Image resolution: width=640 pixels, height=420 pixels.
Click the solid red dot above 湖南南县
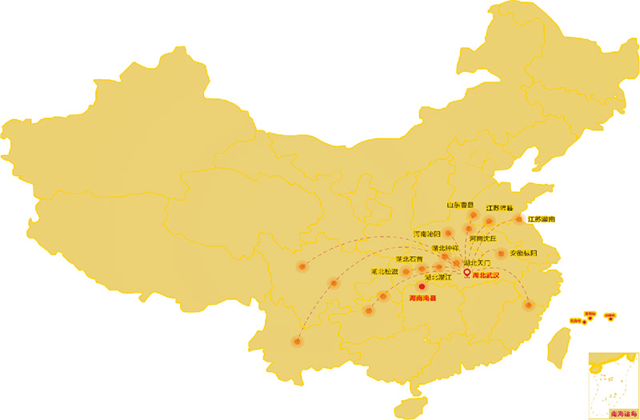422,286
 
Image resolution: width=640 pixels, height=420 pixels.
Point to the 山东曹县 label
459,205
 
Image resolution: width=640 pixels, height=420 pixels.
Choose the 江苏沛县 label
499,208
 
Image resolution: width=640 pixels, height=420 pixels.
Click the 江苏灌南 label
542,218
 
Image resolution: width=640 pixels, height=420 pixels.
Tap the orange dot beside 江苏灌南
519,219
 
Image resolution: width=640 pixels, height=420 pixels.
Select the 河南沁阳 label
426,234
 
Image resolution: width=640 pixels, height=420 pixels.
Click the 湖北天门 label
477,262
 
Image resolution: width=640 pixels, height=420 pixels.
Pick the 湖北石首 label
409,259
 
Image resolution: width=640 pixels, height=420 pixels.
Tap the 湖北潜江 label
438,277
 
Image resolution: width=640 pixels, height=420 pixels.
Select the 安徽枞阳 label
523,254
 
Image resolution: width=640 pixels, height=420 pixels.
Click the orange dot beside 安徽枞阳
502,254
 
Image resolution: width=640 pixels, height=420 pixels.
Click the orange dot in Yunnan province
298,342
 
